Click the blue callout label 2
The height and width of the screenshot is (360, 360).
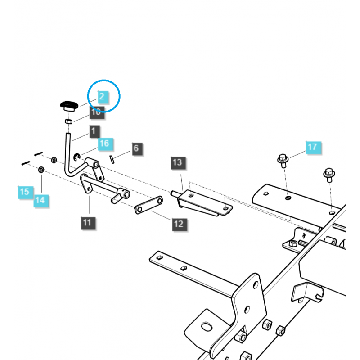pyautogui.click(x=102, y=96)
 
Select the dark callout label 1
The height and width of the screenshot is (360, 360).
pyautogui.click(x=94, y=131)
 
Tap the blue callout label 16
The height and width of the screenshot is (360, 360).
pyautogui.click(x=104, y=144)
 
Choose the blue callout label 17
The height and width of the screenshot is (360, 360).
pyautogui.click(x=312, y=147)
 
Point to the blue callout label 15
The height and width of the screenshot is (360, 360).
pyautogui.click(x=25, y=192)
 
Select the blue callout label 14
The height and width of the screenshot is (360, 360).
pyautogui.click(x=40, y=200)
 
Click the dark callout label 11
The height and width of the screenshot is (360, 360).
pyautogui.click(x=88, y=222)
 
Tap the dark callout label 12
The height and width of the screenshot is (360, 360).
pyautogui.click(x=179, y=224)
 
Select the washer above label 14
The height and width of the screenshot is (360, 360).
pyautogui.click(x=41, y=170)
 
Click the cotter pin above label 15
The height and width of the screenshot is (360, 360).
pyautogui.click(x=25, y=163)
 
